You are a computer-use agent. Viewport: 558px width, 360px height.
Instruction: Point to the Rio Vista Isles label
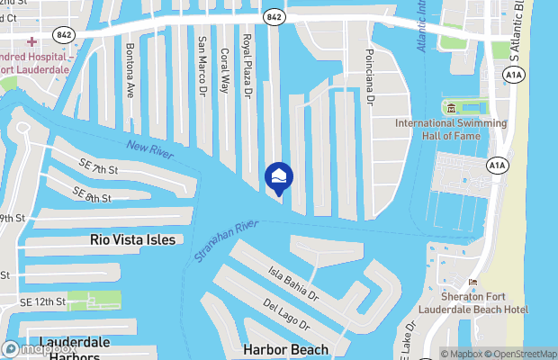click(x=133, y=240)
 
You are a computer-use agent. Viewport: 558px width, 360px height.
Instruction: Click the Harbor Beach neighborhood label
click(x=285, y=349)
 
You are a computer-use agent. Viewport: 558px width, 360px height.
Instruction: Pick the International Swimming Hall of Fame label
click(x=440, y=129)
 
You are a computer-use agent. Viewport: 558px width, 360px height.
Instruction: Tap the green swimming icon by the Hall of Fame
click(x=448, y=109)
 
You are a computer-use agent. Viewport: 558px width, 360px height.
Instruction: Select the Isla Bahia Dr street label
click(x=293, y=282)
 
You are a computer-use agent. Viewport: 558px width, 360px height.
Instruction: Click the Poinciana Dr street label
click(x=368, y=77)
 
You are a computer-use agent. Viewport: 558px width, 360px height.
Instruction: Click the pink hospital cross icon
click(x=32, y=41)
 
